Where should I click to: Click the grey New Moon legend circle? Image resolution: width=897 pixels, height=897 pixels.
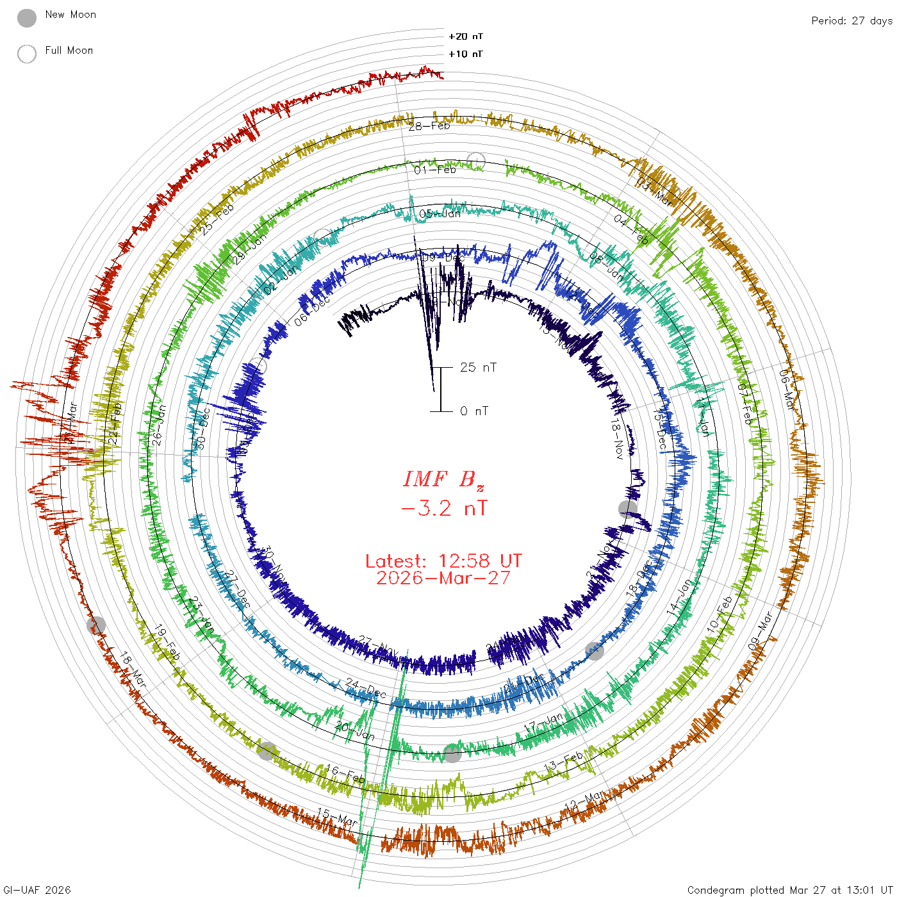pos(27,18)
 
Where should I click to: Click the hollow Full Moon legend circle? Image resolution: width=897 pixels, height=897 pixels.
pos(27,54)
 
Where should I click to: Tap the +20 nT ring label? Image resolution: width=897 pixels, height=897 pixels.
pos(466,37)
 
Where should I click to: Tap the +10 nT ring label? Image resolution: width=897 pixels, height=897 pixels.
pos(466,54)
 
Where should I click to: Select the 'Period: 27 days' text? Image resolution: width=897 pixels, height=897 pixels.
pos(852,21)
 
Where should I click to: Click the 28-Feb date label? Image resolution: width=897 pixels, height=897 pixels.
pos(429,126)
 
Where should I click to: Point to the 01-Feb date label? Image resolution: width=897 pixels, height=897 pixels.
pos(435,170)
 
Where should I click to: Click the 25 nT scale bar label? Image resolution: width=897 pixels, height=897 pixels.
pos(478,367)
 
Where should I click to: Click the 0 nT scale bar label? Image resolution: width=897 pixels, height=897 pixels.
pos(474,411)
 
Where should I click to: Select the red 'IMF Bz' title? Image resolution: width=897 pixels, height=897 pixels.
pos(443,479)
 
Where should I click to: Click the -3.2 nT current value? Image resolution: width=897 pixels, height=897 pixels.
pos(443,509)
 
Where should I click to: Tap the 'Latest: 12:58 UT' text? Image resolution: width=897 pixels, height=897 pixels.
pos(443,561)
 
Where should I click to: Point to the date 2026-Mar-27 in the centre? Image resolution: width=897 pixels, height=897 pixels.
pos(443,578)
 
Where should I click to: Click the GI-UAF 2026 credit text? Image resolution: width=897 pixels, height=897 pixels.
pos(37,890)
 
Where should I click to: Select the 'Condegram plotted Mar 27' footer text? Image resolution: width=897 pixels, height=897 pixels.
pos(789,890)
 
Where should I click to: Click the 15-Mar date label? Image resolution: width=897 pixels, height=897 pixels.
pos(337,817)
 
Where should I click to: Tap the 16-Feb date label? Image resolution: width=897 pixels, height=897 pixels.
pos(345,774)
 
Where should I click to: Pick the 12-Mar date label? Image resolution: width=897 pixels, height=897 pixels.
pos(584,801)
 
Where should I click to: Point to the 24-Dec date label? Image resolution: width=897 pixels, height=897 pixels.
pos(366,687)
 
